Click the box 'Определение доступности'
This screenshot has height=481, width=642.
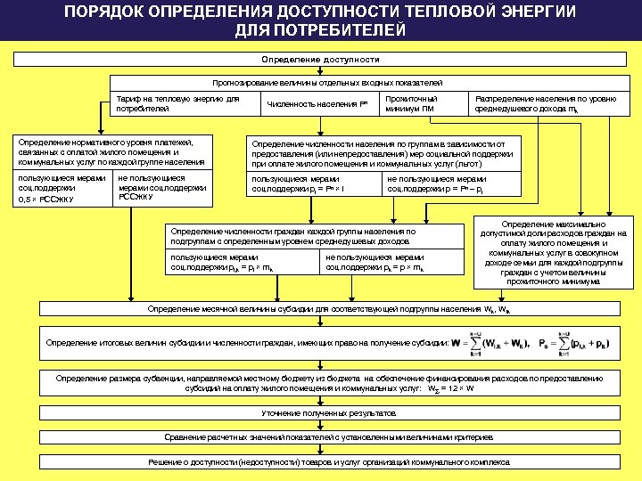click(320, 60)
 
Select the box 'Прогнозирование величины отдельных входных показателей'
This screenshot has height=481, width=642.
click(320, 82)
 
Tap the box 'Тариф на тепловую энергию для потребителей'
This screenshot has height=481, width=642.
click(177, 103)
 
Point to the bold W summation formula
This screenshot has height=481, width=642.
click(490, 343)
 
